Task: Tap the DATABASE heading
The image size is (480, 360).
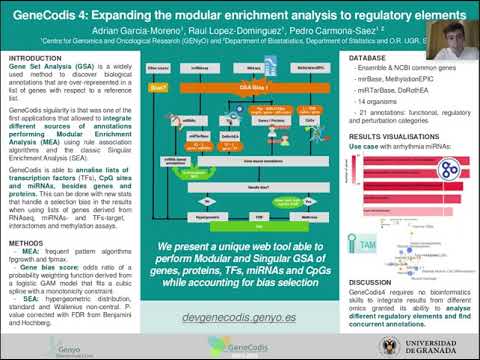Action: point(371,60)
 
